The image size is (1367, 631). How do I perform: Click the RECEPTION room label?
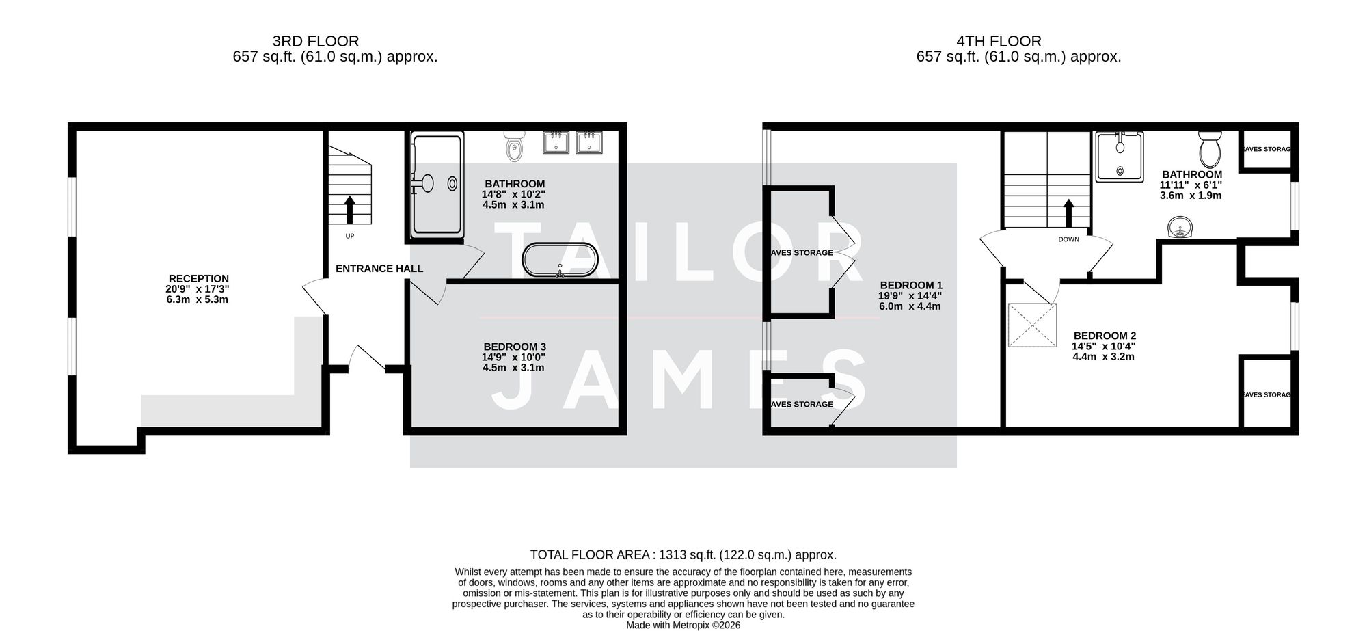point(198,278)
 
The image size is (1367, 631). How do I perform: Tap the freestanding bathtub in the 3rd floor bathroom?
point(560,260)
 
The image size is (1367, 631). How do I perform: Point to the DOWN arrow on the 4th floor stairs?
point(1068,213)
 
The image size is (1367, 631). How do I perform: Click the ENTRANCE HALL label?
point(379,269)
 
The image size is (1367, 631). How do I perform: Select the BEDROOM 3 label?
point(514,347)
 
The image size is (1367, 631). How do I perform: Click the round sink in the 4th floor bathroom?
point(1180,227)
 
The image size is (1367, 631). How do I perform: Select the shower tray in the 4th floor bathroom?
point(1119,158)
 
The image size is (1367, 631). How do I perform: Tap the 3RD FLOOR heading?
point(315,41)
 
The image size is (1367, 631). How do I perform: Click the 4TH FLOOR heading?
point(999,41)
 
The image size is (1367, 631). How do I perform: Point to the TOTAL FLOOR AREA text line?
point(683,555)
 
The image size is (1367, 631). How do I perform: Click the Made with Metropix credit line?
point(683,625)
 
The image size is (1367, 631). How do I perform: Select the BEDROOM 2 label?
point(1105,336)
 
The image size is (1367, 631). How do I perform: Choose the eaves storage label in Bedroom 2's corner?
point(1267,395)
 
